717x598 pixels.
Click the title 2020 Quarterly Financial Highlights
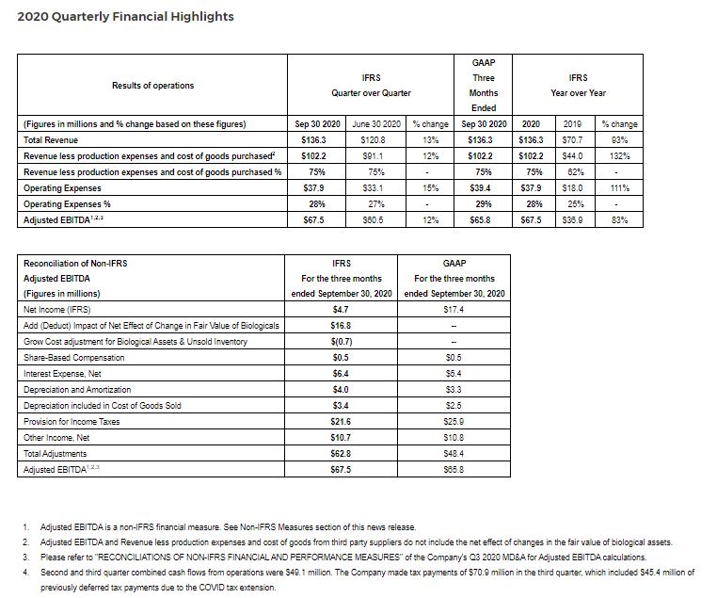pos(125,16)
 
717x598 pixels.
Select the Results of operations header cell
pos(153,86)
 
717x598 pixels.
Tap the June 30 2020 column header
pos(376,124)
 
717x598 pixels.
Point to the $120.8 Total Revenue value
pos(376,140)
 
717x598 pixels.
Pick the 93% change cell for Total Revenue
pos(619,140)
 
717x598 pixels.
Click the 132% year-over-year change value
pos(619,156)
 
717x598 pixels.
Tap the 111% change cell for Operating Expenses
pos(619,188)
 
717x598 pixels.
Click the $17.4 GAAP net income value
pos(455,309)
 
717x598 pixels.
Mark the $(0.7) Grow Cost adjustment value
pos(342,341)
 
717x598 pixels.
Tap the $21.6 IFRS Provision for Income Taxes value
pos(342,422)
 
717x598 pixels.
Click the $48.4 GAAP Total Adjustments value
pos(455,454)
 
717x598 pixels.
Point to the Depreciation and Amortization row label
pos(77,390)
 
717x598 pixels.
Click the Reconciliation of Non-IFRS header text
pos(74,263)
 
